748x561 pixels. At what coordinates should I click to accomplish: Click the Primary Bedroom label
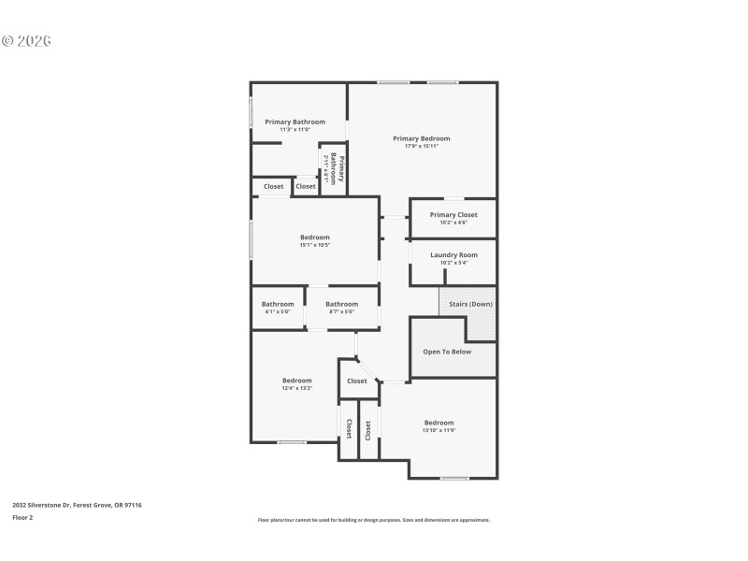click(x=421, y=138)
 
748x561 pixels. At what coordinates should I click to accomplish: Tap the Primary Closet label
click(x=453, y=214)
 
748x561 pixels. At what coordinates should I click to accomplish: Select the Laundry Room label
click(x=453, y=254)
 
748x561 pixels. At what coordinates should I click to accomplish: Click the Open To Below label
click(x=447, y=352)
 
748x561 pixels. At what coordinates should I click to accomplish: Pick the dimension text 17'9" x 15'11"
click(x=421, y=147)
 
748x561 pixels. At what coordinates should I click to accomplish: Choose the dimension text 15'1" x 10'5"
click(x=314, y=245)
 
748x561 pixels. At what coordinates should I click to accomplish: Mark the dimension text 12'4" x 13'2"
click(x=297, y=388)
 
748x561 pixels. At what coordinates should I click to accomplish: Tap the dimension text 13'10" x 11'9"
click(x=439, y=430)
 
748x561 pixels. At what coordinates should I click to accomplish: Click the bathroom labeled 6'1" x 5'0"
click(x=278, y=304)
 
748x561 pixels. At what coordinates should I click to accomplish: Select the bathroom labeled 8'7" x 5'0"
click(x=341, y=304)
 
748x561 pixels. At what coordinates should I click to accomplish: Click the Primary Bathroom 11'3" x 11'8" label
click(x=295, y=122)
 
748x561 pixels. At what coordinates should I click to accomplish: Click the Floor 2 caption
click(x=22, y=517)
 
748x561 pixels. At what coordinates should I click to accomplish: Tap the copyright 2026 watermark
click(x=26, y=41)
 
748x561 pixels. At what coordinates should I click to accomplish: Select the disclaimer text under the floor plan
click(x=374, y=520)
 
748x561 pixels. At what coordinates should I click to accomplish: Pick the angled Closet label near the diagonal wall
click(x=357, y=381)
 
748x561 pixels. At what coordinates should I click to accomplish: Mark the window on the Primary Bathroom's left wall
click(x=251, y=112)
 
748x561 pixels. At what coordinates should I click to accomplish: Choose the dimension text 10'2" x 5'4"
click(x=453, y=263)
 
